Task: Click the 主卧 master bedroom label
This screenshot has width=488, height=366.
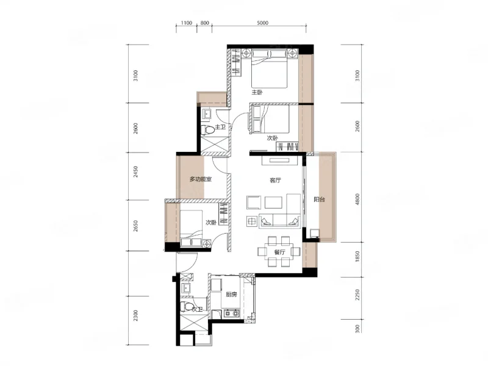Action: [x=257, y=93]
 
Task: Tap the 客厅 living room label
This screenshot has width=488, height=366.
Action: [x=275, y=180]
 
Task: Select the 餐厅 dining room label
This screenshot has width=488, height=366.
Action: [x=279, y=252]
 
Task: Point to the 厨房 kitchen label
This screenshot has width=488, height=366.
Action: [x=231, y=295]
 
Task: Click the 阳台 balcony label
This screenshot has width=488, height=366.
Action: [x=319, y=199]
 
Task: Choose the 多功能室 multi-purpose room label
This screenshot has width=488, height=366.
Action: [x=201, y=179]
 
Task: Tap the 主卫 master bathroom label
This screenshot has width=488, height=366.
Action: [x=220, y=127]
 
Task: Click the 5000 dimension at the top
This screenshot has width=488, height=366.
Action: [x=263, y=23]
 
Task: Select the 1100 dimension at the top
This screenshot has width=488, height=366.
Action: [x=187, y=23]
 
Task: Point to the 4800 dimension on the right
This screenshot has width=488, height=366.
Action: [x=357, y=199]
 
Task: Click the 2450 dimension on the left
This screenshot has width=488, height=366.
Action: [x=135, y=172]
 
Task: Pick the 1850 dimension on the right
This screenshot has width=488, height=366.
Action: [x=357, y=257]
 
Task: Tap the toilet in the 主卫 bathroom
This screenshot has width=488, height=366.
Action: [x=207, y=130]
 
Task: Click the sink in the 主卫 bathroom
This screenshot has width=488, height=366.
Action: [x=206, y=114]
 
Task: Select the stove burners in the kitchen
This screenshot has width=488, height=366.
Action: [x=232, y=313]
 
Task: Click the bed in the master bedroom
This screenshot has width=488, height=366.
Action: [x=269, y=69]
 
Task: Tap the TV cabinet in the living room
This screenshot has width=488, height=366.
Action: [x=280, y=160]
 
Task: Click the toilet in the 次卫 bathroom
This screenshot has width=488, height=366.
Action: [x=187, y=307]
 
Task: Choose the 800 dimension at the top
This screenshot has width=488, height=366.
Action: [x=204, y=23]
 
